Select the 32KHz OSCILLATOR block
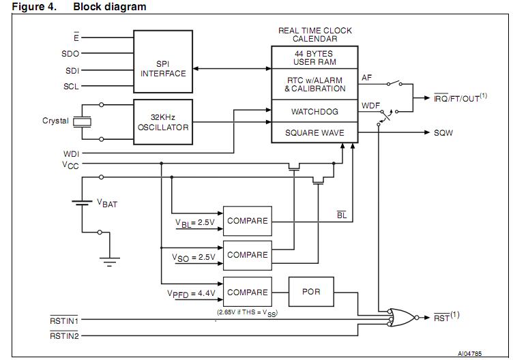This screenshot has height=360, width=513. tap(163, 122)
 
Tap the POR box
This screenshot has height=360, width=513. tap(311, 292)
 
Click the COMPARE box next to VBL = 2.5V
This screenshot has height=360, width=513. tap(247, 221)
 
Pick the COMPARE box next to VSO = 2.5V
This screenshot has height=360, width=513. tap(247, 255)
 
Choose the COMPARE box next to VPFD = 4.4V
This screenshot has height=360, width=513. tap(247, 292)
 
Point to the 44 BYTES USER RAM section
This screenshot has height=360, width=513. tap(314, 57)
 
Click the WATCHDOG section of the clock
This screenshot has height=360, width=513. tap(314, 111)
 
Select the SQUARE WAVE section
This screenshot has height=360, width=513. tap(314, 133)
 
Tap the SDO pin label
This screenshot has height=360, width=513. tap(71, 53)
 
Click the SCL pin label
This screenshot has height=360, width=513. tap(71, 87)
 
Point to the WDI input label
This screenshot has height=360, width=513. tap(71, 153)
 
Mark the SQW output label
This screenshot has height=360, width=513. tap(444, 133)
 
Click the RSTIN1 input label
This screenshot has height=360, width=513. tap(63, 319)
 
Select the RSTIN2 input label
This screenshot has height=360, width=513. tap(63, 335)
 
